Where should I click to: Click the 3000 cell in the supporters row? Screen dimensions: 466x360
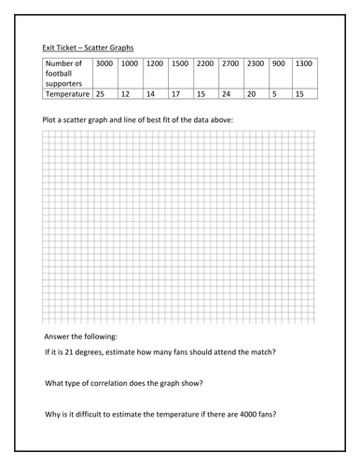[x=104, y=63]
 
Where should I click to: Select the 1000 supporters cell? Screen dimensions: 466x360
[x=130, y=63]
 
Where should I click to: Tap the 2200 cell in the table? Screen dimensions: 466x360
[x=205, y=63]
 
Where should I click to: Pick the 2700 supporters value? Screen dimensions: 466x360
[x=230, y=63]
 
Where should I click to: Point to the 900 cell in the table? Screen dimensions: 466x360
[x=278, y=63]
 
